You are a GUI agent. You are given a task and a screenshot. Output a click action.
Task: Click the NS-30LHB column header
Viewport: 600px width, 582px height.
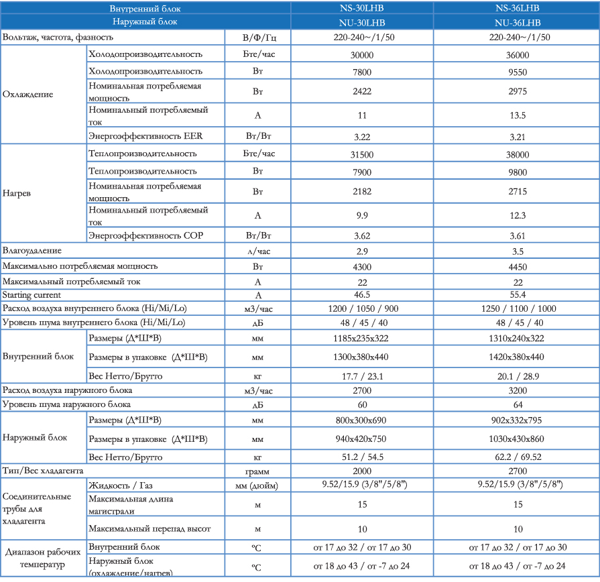tap(361, 8)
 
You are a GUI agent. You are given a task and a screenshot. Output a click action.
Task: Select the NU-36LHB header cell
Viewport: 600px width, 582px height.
tap(518, 23)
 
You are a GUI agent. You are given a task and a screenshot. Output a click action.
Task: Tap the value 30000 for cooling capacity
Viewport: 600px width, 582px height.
tap(361, 55)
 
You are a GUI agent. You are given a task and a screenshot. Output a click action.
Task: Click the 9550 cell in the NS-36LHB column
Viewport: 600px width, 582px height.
tap(518, 72)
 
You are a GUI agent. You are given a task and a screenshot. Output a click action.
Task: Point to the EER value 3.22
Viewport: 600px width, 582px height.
tap(361, 137)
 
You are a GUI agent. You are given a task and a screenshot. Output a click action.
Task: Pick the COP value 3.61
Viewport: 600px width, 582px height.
tap(518, 236)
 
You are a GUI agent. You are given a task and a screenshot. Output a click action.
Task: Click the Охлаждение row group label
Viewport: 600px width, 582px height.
tap(27, 95)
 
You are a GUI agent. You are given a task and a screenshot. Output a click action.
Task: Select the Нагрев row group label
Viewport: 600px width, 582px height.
tap(17, 193)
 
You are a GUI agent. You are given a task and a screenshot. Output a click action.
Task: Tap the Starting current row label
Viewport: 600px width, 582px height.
tap(32, 295)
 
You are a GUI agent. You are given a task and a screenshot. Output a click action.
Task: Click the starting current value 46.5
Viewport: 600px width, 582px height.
tap(361, 294)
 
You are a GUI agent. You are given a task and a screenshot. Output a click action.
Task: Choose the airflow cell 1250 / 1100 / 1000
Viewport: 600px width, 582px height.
tap(518, 309)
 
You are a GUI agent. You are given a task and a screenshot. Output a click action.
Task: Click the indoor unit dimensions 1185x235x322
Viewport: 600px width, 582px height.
tap(361, 338)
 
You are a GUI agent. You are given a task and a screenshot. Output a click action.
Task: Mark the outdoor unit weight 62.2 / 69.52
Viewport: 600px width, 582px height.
tap(518, 457)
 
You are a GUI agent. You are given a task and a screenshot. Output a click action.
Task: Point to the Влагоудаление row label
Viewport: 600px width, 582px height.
tap(32, 251)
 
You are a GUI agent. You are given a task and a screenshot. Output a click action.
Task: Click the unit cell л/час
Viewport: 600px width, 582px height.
tap(258, 251)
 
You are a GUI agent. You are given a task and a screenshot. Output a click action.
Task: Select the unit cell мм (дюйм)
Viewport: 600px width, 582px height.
tap(256, 486)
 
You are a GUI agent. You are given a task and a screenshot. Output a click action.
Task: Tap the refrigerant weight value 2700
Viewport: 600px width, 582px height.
tap(518, 471)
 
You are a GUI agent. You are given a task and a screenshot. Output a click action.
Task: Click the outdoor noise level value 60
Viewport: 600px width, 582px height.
tap(362, 405)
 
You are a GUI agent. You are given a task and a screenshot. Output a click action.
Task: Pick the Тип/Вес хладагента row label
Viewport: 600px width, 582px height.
tap(42, 471)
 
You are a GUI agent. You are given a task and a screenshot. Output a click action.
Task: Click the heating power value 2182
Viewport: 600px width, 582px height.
tap(361, 191)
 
